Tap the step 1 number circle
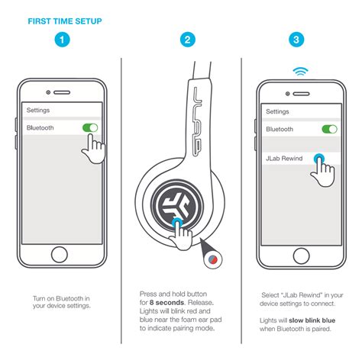click(60, 40)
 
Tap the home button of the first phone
click(61, 255)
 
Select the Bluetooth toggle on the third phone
click(329, 129)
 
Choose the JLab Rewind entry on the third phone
click(285, 158)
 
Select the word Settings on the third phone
click(278, 111)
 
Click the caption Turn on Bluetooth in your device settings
click(61, 301)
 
